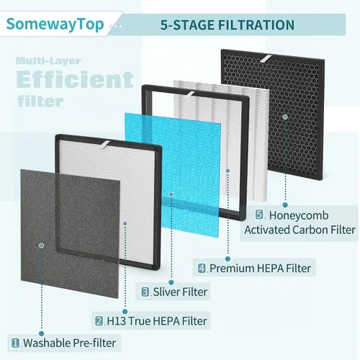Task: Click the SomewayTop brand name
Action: tap(55, 24)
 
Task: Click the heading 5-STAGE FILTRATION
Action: tap(228, 25)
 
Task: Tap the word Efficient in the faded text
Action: tap(75, 79)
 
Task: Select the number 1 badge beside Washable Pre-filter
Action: tap(16, 343)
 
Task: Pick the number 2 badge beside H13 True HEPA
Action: tap(99, 321)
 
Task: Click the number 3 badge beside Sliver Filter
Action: tap(145, 292)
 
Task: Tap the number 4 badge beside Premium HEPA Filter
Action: tap(202, 268)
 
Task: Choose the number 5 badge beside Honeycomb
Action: tap(259, 215)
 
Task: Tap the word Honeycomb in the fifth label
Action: tap(299, 215)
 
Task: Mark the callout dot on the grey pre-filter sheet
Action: tap(42, 246)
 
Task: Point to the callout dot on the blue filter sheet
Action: tap(171, 194)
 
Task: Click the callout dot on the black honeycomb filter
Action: tap(285, 117)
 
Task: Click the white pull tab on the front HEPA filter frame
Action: tap(105, 145)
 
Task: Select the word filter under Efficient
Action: tap(40, 102)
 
